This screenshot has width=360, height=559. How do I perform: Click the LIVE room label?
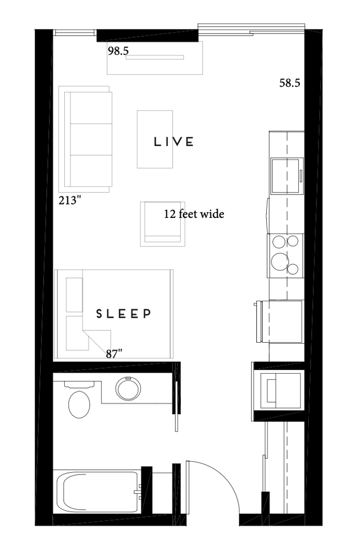click(174, 141)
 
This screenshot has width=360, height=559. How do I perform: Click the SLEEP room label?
click(123, 313)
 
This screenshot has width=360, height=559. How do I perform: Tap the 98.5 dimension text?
click(118, 51)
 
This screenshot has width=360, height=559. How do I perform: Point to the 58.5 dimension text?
click(290, 83)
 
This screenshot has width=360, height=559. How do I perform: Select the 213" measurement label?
click(70, 201)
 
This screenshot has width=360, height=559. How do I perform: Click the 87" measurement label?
click(114, 354)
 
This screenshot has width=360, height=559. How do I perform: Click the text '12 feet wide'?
click(194, 214)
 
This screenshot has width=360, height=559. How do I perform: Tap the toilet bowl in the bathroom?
click(79, 404)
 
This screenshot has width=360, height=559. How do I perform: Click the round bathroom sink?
click(128, 388)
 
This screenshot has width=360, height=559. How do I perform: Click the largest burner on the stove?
click(280, 261)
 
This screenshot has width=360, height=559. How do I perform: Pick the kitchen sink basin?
click(285, 176)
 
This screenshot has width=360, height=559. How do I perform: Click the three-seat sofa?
click(85, 139)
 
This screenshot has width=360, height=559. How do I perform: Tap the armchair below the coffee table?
click(163, 224)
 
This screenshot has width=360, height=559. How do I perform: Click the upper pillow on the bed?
click(75, 295)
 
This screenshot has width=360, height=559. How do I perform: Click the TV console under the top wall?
click(155, 58)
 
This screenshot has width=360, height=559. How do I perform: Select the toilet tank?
click(79, 384)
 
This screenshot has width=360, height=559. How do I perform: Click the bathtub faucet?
click(138, 492)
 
